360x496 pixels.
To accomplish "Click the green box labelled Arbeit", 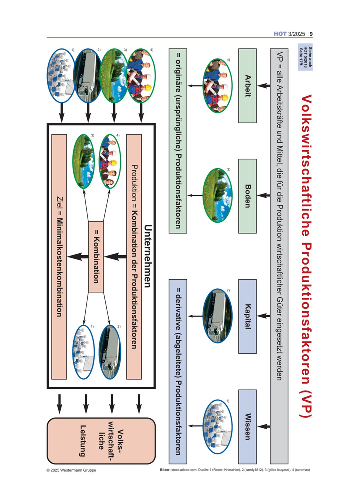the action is [x=247, y=85].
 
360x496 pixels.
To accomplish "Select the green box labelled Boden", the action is [x=247, y=196].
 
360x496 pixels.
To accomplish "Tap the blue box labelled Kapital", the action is [x=247, y=316].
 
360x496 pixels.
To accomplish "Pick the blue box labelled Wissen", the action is [x=247, y=427].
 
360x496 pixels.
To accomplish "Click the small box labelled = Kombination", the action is [x=96, y=257].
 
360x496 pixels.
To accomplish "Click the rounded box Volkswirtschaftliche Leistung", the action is [x=101, y=441].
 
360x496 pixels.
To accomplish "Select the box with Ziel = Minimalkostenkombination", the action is [x=59, y=257].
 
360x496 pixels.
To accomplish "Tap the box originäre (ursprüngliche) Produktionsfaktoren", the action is [x=178, y=141].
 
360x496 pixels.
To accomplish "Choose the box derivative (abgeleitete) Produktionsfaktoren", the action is [x=178, y=371].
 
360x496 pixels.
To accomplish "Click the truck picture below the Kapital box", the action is [x=217, y=316].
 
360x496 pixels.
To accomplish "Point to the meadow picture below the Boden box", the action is [x=217, y=195].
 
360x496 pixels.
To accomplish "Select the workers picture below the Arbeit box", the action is [x=217, y=85].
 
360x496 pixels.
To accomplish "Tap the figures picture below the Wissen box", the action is [x=217, y=426].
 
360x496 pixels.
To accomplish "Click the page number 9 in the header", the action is [x=311, y=34].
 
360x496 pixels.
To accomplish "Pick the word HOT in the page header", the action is [x=280, y=34].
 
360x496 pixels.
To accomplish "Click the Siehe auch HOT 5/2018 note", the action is [x=305, y=57].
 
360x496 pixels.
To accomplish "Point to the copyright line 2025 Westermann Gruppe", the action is [x=71, y=470].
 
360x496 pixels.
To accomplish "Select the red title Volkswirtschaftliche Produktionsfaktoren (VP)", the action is [x=306, y=256].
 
